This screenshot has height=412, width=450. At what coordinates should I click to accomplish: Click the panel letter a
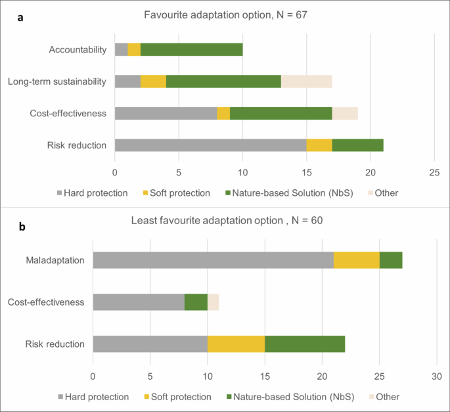(20, 18)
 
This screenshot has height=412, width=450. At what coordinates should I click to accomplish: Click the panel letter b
(22, 227)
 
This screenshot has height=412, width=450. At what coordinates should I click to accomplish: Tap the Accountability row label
(78, 49)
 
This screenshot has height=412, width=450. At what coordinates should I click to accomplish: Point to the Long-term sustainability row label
(56, 81)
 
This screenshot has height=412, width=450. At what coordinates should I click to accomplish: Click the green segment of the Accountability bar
(191, 49)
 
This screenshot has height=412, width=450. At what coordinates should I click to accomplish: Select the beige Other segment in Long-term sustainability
(306, 81)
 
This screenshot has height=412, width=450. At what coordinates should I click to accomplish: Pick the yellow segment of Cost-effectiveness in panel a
(223, 113)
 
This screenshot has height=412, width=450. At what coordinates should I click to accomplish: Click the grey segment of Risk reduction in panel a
(210, 145)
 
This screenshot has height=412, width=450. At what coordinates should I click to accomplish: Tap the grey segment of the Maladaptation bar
(213, 260)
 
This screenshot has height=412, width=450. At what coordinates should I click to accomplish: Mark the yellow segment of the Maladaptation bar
(356, 260)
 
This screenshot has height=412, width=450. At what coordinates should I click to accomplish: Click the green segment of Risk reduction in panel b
(304, 344)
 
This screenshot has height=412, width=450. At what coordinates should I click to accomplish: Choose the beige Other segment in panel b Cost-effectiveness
(213, 302)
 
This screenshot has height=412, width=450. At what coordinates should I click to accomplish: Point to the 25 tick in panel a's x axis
(434, 173)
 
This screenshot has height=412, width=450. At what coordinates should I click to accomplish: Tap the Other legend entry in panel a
(382, 193)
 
